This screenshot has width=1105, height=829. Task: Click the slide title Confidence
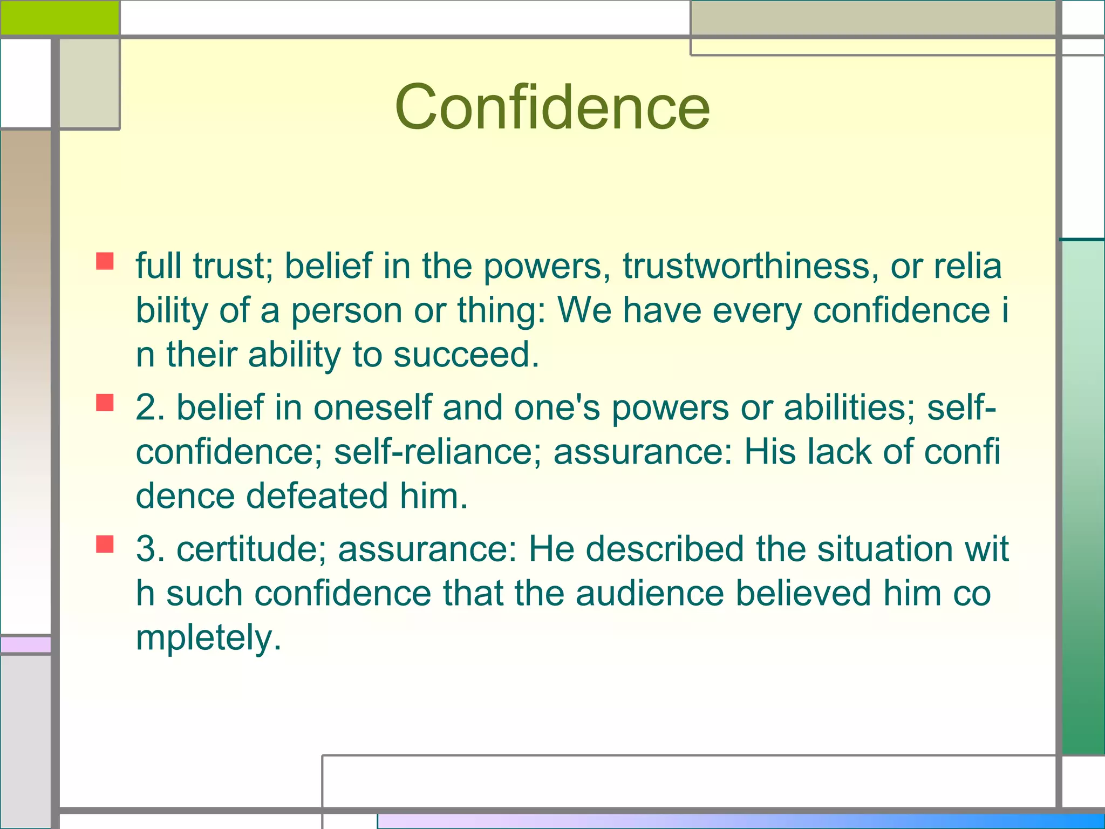[x=552, y=106]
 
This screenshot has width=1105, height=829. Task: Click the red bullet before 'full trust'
[x=105, y=261]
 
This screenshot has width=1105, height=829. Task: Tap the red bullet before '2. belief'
[x=105, y=403]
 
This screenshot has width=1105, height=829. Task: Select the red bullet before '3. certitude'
[x=105, y=544]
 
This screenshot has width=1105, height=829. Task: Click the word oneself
[x=372, y=407]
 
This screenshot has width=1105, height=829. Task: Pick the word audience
[x=650, y=593]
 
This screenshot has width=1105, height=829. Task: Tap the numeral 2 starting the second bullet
[x=146, y=407]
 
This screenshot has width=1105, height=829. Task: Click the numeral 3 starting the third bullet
[x=146, y=549]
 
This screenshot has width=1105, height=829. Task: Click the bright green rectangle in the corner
[x=59, y=17]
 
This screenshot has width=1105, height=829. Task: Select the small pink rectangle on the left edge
[x=25, y=644]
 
